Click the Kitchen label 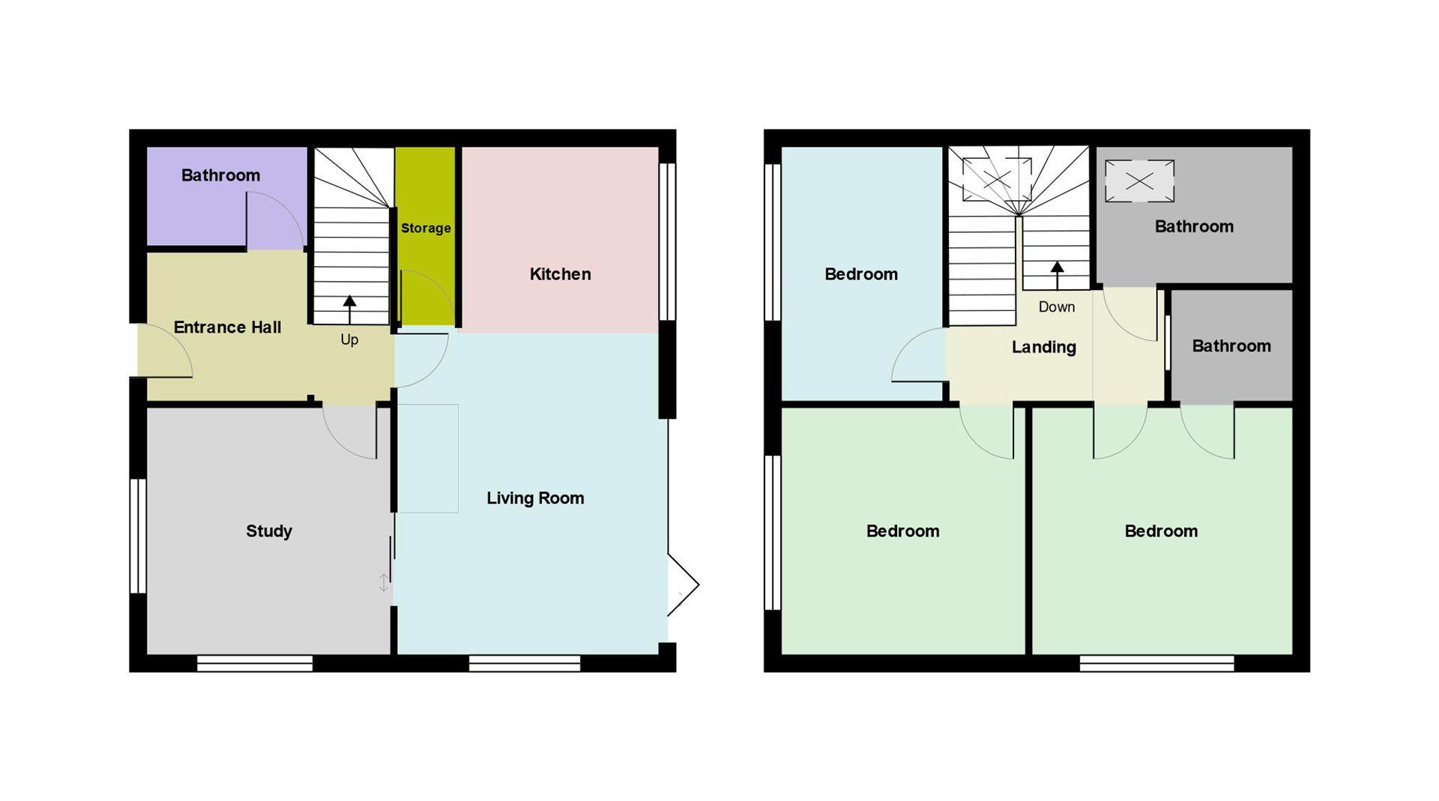[560, 274]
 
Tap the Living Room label [535, 498]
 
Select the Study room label [269, 531]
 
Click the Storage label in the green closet [426, 229]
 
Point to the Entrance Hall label [227, 327]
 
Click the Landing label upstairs [1044, 347]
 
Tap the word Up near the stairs [349, 339]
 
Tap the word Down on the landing [1057, 306]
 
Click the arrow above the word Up [349, 309]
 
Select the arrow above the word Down [1058, 275]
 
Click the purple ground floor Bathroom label [220, 175]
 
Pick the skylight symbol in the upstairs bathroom [1139, 181]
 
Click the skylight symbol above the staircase [997, 179]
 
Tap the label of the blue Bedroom [861, 274]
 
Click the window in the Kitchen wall [667, 242]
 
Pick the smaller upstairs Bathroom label [1231, 346]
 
